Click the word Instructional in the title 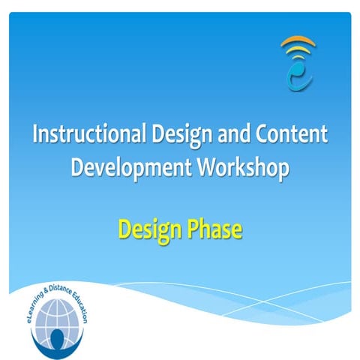coord(79,135)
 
